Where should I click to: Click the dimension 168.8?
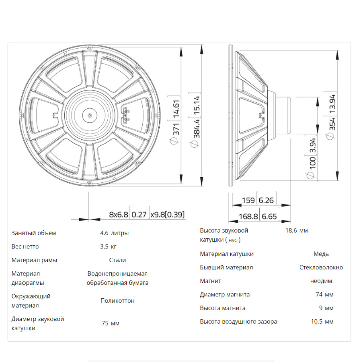[248, 216]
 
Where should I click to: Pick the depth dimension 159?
[248, 200]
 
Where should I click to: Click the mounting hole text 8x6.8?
[119, 215]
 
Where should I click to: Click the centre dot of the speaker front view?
[89, 115]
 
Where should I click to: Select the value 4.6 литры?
[115, 233]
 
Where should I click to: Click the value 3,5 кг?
[109, 246]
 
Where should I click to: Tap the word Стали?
[117, 260]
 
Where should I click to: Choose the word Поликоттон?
[117, 301]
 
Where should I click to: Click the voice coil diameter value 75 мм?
[111, 323]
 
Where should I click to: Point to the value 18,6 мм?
[296, 231]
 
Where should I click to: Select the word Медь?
[321, 254]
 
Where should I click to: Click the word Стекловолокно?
[321, 267]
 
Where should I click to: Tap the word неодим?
[321, 281]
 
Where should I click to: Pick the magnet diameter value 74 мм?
[324, 294]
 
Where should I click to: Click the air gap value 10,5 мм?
[322, 321]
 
